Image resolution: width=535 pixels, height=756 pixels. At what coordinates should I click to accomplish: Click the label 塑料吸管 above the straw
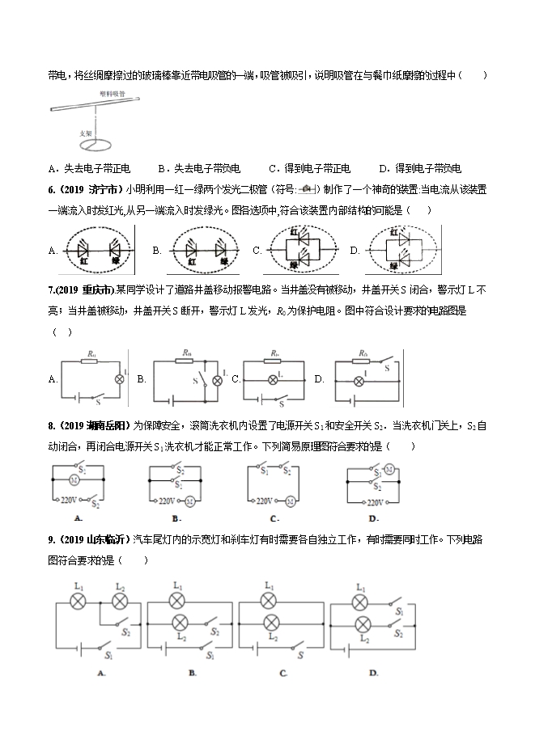tap(113, 93)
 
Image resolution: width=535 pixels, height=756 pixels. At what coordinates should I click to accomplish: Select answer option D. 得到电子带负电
tap(419, 169)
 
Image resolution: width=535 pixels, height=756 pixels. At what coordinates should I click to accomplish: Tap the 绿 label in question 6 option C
tap(304, 264)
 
